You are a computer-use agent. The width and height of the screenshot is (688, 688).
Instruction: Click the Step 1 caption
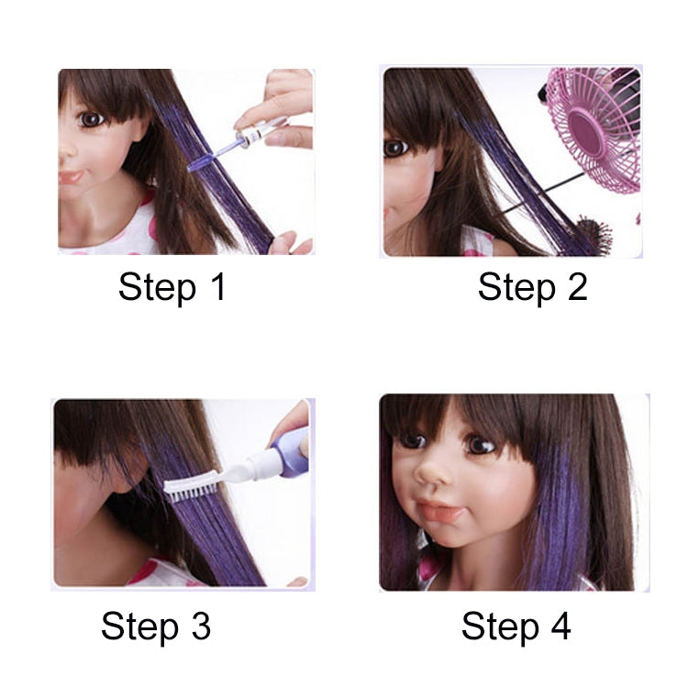172,287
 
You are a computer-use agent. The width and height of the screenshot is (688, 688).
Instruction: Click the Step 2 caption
532,287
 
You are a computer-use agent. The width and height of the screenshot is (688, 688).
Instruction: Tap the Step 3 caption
156,627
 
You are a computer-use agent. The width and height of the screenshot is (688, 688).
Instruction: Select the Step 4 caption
516,627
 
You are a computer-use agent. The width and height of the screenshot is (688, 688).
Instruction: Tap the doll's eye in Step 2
396,147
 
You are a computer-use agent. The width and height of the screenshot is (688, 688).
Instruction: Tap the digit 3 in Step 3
200,627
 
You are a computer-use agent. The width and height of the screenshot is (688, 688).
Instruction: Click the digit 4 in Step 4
559,627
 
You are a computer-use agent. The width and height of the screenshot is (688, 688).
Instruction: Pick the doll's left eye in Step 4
480,444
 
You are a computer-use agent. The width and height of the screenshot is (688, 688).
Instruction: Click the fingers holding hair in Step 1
291,242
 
